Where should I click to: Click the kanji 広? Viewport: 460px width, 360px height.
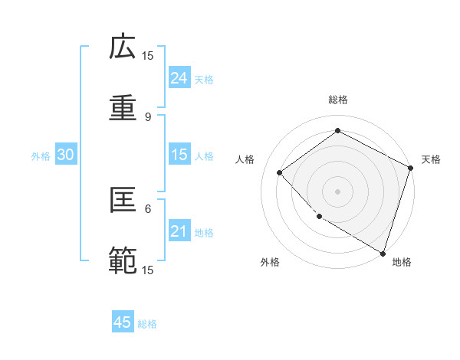click(x=123, y=47)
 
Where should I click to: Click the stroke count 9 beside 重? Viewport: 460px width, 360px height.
click(x=148, y=116)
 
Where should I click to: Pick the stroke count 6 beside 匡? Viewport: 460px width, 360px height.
click(x=148, y=208)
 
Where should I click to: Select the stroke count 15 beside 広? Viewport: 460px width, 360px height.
click(x=148, y=55)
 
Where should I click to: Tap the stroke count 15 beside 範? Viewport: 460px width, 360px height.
click(x=148, y=270)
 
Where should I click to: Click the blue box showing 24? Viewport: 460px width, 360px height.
click(x=179, y=77)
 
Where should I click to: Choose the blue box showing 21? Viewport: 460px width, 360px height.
click(x=179, y=231)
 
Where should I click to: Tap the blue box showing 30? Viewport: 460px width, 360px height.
click(x=66, y=155)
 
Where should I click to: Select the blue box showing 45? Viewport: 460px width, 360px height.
click(x=123, y=322)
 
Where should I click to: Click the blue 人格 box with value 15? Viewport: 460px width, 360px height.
click(x=179, y=155)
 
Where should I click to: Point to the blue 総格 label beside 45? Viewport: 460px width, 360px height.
click(x=148, y=324)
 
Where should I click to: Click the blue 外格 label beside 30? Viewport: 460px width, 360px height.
click(x=41, y=156)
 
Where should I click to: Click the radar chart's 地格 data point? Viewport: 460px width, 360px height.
click(x=382, y=252)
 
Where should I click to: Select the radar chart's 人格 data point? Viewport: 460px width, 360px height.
click(x=280, y=172)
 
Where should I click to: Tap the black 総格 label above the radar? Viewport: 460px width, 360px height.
click(x=338, y=100)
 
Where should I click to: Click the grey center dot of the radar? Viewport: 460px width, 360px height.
click(x=337, y=191)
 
